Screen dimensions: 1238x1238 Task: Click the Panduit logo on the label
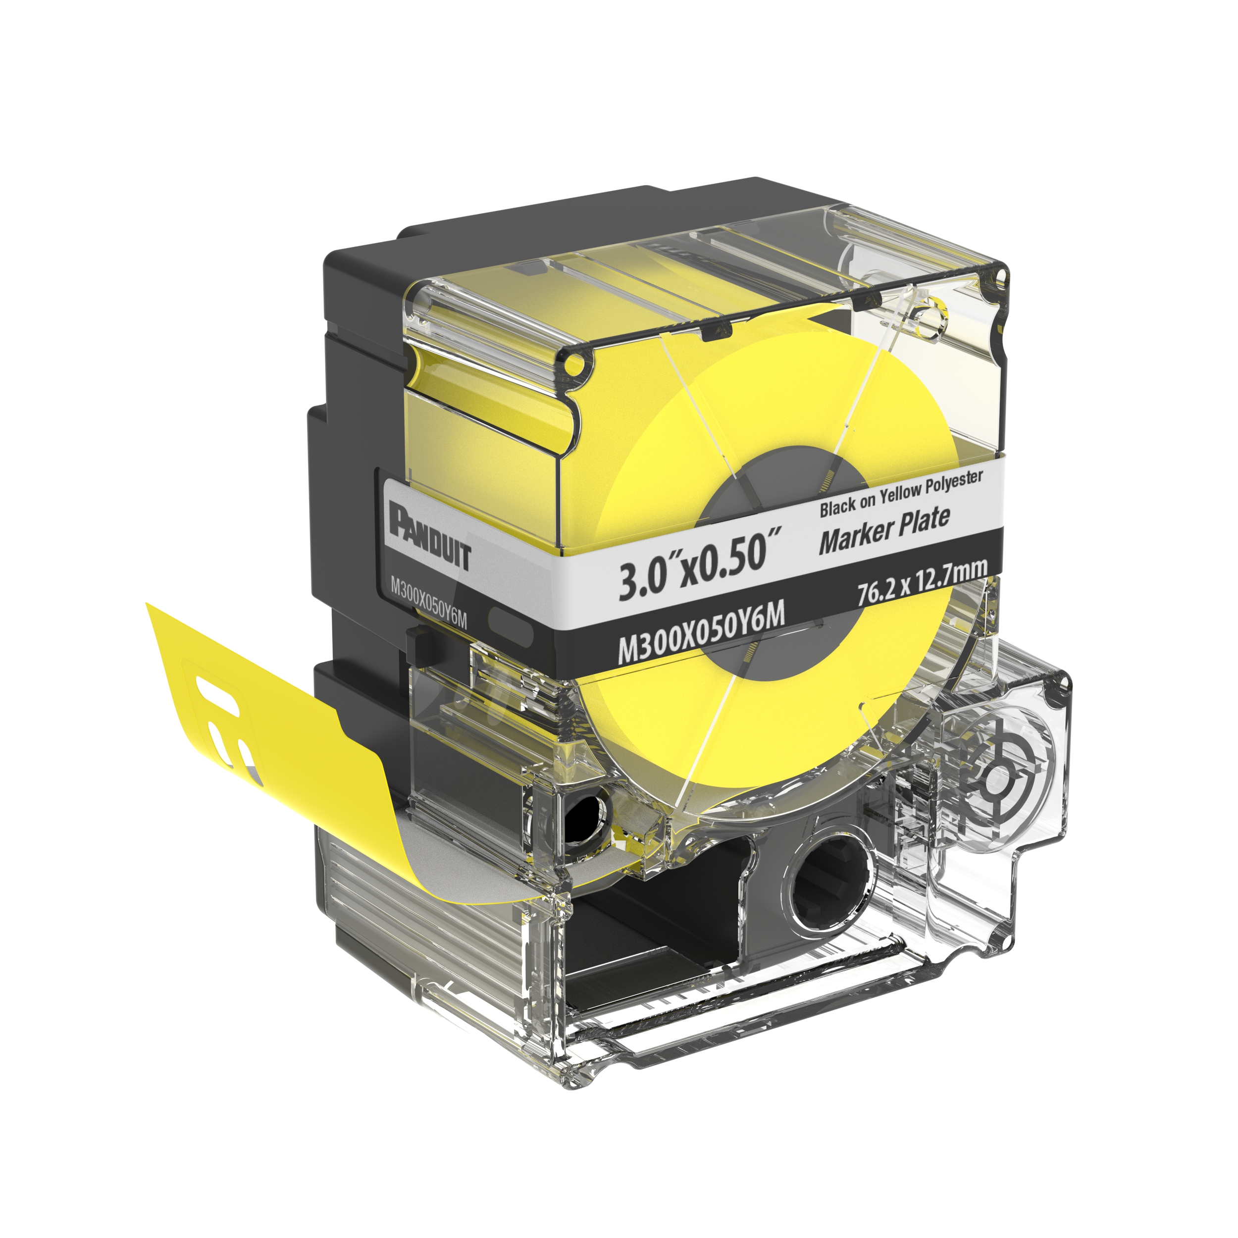click(x=430, y=534)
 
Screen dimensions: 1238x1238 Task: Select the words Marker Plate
click(x=884, y=530)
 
